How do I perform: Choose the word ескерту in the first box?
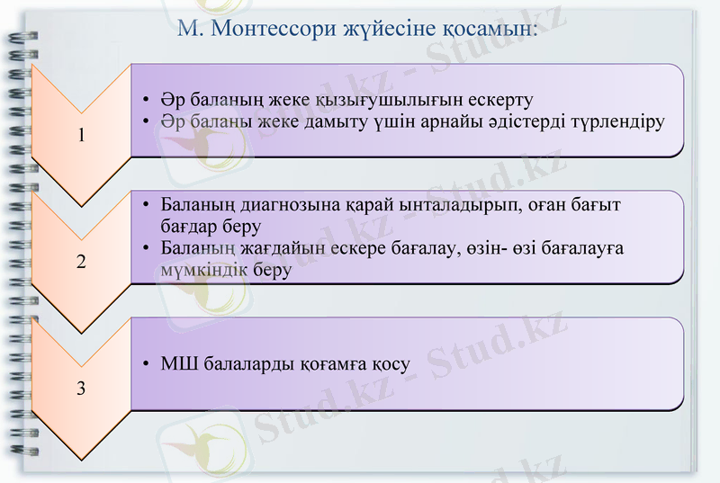tap(499, 99)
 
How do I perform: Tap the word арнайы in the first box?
tap(436, 121)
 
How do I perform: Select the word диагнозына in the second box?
tap(283, 205)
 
